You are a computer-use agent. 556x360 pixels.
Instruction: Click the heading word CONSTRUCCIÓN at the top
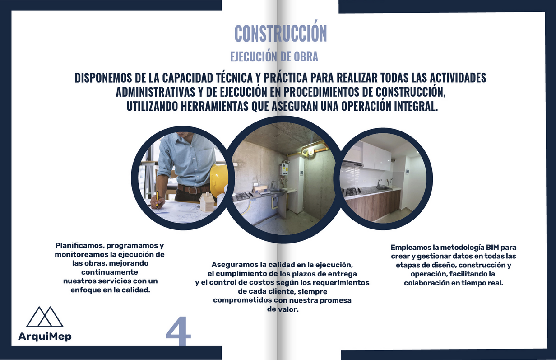[281, 33]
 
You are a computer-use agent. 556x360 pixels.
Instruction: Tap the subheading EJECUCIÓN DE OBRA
[274, 57]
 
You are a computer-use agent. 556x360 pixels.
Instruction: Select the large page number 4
[178, 331]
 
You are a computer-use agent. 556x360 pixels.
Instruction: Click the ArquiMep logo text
[45, 337]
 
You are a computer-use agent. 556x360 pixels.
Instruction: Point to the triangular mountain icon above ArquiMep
[45, 317]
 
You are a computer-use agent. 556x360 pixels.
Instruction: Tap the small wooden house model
[207, 202]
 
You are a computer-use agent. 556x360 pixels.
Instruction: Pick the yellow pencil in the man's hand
[157, 199]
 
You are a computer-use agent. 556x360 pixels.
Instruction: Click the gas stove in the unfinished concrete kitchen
[243, 196]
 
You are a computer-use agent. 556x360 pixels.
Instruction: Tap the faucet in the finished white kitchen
[379, 183]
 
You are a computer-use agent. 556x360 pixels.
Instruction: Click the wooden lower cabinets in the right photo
[373, 205]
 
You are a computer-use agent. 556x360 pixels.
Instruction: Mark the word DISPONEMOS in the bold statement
[103, 78]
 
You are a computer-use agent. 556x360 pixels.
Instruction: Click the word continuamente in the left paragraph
[110, 272]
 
